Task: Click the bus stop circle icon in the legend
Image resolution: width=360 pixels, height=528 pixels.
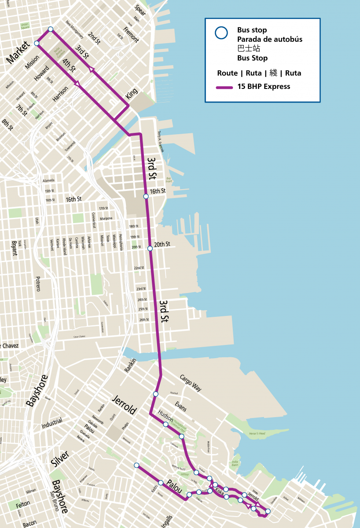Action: pos(221,33)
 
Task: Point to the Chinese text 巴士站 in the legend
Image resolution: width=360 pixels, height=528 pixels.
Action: pos(246,48)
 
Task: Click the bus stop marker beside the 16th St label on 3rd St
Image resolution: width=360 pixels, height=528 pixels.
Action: pos(146,196)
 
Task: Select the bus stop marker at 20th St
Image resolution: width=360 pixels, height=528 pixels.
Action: pos(150,249)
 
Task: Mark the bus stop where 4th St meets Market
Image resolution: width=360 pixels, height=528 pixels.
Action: pos(37,43)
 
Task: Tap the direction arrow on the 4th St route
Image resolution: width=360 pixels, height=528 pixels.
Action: pos(77,83)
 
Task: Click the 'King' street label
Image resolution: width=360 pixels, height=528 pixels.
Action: pos(131,93)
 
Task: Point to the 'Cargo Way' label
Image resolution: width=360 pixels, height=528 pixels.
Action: pos(190,383)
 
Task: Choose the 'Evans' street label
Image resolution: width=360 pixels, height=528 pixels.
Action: pos(180,406)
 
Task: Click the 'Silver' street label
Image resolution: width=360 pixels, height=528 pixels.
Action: pos(60,458)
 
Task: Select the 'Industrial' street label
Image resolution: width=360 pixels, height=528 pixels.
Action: pos(52,423)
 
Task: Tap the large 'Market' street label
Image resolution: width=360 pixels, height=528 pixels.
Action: pos(18,51)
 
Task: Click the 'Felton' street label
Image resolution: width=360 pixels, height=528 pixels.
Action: pos(23,504)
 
